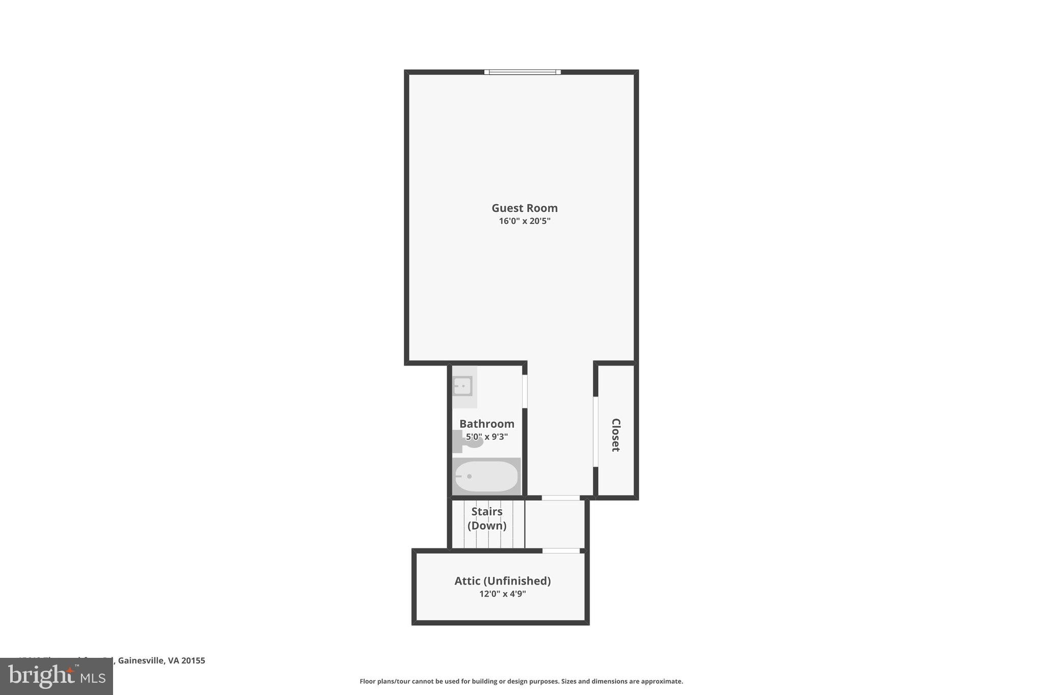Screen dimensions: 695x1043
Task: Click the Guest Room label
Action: (x=524, y=208)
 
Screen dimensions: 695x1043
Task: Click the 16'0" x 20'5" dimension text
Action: (x=524, y=221)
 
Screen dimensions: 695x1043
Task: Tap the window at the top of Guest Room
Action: (x=522, y=72)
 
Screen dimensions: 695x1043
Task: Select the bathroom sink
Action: (x=462, y=386)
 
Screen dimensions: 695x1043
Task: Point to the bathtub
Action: (x=486, y=477)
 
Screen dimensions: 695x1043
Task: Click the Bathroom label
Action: (x=486, y=424)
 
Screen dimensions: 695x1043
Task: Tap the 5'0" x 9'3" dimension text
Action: (x=486, y=437)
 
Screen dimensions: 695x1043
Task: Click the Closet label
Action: (x=616, y=435)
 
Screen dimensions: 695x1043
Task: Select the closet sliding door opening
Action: (x=595, y=431)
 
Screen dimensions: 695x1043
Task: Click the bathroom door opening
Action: (x=525, y=391)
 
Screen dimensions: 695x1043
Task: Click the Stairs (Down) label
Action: (x=487, y=518)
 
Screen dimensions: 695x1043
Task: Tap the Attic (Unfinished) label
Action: (x=502, y=580)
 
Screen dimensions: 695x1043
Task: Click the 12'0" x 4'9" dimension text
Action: (x=502, y=594)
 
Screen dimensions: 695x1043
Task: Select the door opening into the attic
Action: (x=561, y=551)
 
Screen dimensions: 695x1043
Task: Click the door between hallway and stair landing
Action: (x=560, y=497)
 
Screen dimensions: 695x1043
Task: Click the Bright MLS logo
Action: (x=57, y=676)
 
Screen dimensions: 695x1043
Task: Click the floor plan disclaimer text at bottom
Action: (x=521, y=681)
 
